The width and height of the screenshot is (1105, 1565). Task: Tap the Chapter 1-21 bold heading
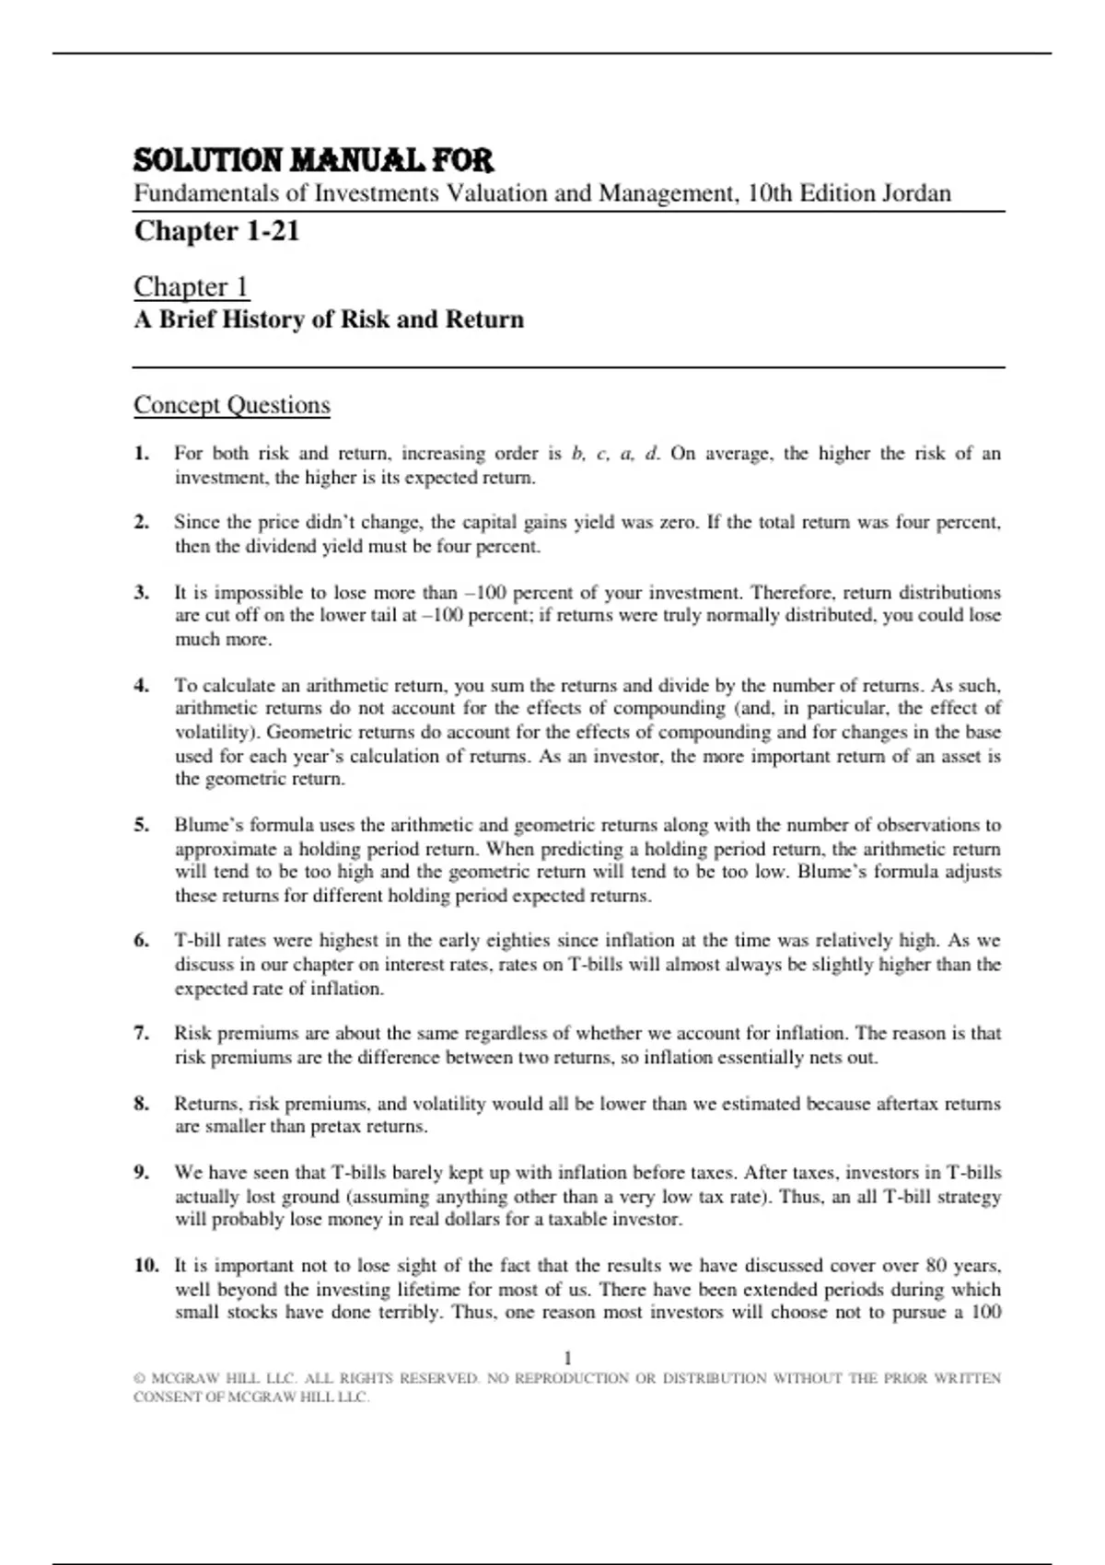click(x=216, y=230)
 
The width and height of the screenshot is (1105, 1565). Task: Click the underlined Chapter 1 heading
click(x=192, y=286)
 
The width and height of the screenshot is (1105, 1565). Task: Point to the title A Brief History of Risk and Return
click(x=329, y=319)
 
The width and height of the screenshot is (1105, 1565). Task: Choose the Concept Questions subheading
click(x=232, y=405)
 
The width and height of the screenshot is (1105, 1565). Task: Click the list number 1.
click(x=141, y=453)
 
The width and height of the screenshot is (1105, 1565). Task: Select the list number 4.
click(x=141, y=685)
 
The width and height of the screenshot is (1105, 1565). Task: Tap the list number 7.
click(x=141, y=1033)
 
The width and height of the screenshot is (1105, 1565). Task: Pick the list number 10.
click(x=145, y=1265)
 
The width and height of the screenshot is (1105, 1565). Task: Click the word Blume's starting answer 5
click(x=208, y=825)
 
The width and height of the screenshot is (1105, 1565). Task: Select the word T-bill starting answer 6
click(x=198, y=941)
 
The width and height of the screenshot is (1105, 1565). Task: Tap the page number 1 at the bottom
click(x=567, y=1357)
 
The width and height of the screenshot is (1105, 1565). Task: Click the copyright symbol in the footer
click(x=139, y=1379)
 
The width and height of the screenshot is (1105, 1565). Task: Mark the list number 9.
click(x=141, y=1172)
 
